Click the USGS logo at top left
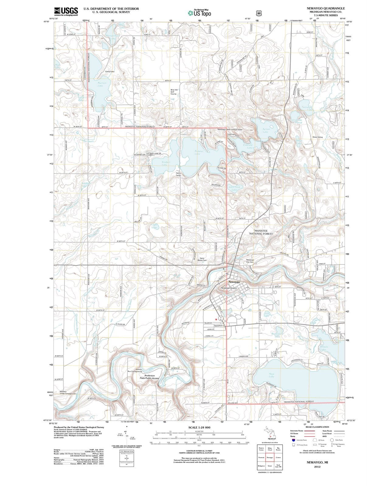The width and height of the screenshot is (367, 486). pyautogui.click(x=66, y=11)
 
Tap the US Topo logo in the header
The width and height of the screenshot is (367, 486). pyautogui.click(x=199, y=13)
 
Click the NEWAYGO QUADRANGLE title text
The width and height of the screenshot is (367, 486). pyautogui.click(x=326, y=8)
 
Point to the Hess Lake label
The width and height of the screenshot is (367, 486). pyautogui.click(x=272, y=375)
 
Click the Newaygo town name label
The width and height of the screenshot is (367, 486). pyautogui.click(x=234, y=282)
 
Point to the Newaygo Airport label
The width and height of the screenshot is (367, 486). pyautogui.click(x=229, y=288)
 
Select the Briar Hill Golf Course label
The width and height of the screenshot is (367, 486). pyautogui.click(x=174, y=92)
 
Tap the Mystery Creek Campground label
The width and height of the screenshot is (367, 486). pyautogui.click(x=68, y=392)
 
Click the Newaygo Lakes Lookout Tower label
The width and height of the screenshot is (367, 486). pyautogui.click(x=230, y=129)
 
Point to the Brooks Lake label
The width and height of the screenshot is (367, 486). pyautogui.click(x=323, y=348)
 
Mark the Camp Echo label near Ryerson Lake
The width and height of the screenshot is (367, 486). pyautogui.click(x=109, y=72)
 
